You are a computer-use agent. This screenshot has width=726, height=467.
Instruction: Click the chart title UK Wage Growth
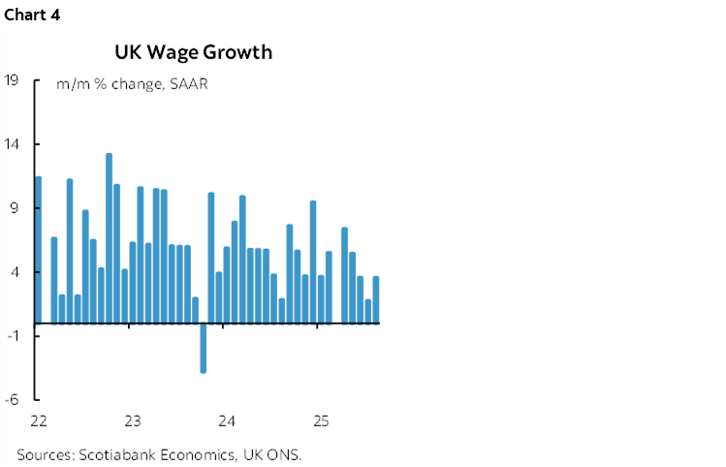(193, 52)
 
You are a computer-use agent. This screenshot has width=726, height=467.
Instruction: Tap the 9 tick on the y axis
(15, 208)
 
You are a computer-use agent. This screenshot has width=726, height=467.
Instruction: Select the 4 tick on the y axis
(15, 272)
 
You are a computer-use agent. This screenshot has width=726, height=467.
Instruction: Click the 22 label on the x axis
(39, 421)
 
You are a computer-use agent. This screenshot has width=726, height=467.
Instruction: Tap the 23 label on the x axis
(133, 421)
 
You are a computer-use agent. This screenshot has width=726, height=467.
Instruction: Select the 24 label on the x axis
(227, 421)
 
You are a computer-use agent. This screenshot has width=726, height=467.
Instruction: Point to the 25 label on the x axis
(321, 421)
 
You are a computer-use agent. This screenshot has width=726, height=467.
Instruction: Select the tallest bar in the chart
(109, 237)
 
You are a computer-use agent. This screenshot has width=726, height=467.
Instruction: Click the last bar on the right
(376, 299)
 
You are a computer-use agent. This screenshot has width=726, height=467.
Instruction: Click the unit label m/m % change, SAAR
(133, 84)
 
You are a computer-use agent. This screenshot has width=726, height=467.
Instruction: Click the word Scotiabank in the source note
(118, 454)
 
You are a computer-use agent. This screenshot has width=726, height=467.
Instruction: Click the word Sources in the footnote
(45, 454)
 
